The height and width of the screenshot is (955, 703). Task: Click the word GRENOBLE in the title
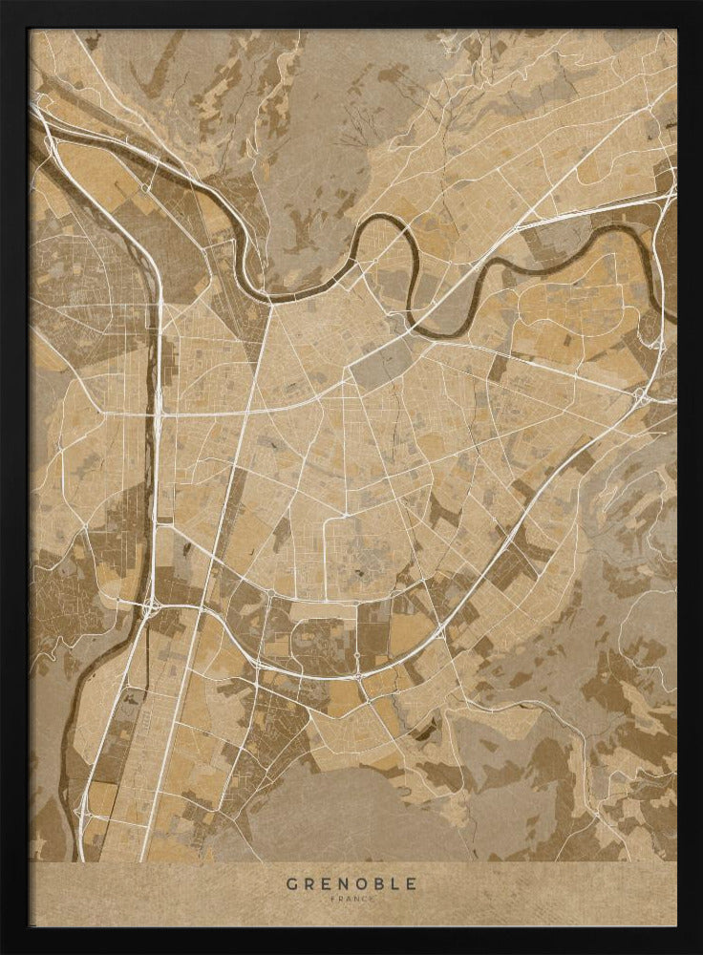pyautogui.click(x=351, y=883)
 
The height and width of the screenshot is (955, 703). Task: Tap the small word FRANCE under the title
pyautogui.click(x=351, y=899)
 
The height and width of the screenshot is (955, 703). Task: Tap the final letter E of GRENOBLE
pyautogui.click(x=411, y=883)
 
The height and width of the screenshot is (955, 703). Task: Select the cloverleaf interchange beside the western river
pyautogui.click(x=151, y=604)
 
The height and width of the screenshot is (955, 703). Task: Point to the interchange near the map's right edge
pyautogui.click(x=642, y=393)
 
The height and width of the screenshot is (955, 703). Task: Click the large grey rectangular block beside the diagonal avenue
pyautogui.click(x=382, y=363)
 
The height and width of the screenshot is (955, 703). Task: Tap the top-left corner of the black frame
pyautogui.click(x=5, y=5)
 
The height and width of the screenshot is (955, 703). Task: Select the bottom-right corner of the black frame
pyautogui.click(x=697, y=949)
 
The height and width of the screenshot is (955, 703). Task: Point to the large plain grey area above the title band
pyautogui.click(x=344, y=812)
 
